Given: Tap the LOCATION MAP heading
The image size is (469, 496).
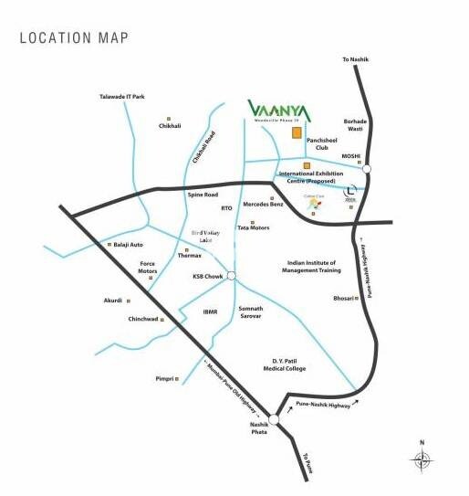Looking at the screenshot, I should pos(74,37).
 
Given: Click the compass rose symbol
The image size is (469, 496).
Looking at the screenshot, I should pos(422,461).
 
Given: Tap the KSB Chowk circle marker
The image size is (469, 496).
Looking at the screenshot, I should pos(233,276).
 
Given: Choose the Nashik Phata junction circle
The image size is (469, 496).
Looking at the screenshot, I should pos(274,419).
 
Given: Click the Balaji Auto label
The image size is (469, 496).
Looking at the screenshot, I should pos(129,245).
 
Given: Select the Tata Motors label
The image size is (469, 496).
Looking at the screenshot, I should pos(254,226).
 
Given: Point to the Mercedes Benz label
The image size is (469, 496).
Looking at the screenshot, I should pos(264,205).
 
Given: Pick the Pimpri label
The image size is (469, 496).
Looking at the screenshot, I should pos(164,377).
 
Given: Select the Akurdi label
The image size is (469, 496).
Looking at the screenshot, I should pos(113,300).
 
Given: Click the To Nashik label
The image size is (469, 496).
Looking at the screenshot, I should pos(358,59).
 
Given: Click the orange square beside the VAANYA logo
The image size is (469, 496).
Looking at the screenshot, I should pos(297,133).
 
